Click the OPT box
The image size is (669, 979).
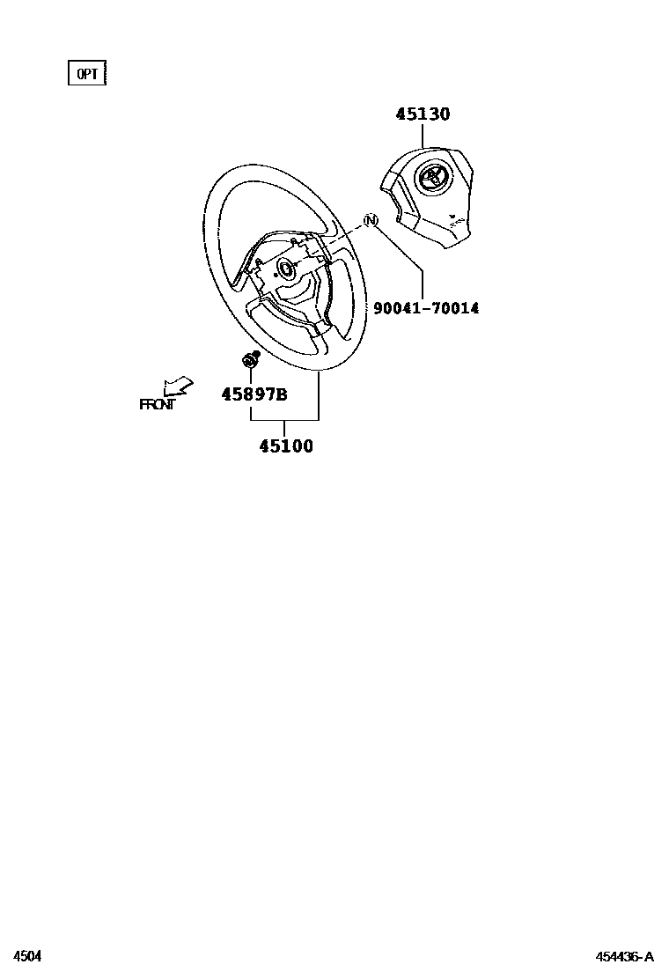86,74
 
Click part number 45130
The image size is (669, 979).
423,114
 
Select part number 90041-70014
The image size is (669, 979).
426,308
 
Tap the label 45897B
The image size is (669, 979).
254,394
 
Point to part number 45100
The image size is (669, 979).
286,446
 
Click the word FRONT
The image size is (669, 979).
157,405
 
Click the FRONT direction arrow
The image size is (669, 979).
178,386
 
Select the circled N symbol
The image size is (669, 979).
371,221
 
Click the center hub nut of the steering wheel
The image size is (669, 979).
286,269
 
